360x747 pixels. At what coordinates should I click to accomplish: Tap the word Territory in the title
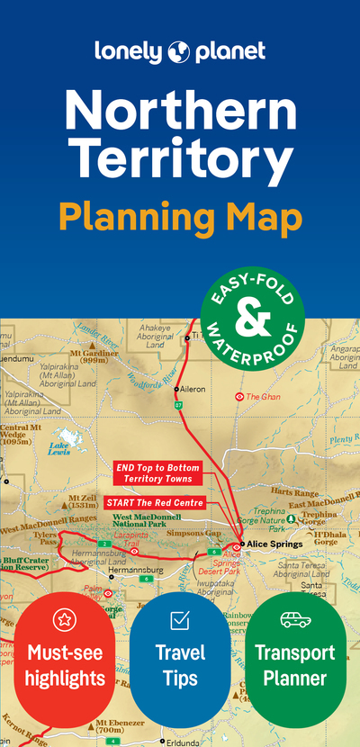(x=180, y=159)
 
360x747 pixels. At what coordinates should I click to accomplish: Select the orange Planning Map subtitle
(x=180, y=215)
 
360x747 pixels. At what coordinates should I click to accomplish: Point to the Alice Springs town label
(x=278, y=545)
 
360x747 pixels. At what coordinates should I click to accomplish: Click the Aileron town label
(x=193, y=389)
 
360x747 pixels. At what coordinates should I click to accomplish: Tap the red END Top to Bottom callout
(x=157, y=473)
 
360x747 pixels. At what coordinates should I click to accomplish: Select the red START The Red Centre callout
(x=154, y=501)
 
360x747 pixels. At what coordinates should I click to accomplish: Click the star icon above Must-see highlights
(x=63, y=618)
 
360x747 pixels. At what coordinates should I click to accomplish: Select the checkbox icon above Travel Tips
(x=179, y=618)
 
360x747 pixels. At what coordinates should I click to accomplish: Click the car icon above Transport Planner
(x=294, y=619)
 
